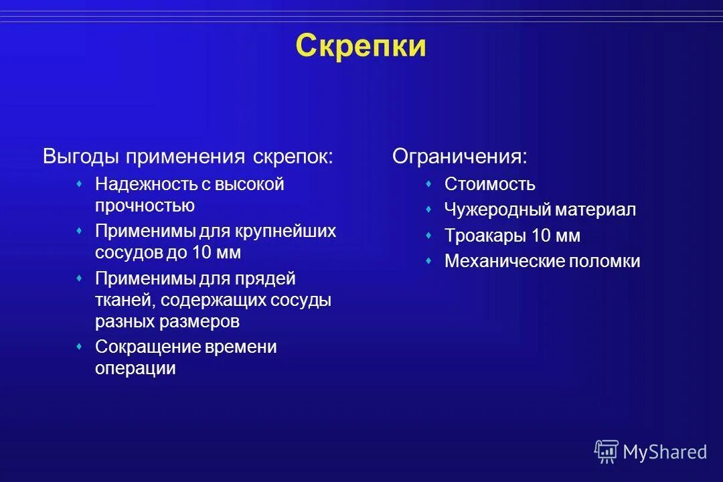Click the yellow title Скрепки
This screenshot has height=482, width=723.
coord(361,46)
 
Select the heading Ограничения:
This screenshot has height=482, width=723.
coord(459,157)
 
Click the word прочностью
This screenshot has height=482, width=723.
coord(145,206)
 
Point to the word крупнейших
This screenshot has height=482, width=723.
coord(285,232)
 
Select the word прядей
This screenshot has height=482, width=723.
coord(264,278)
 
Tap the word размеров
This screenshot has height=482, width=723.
coord(199,321)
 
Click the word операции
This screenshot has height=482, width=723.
coord(135,368)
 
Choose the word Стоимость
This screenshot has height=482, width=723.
coord(490,184)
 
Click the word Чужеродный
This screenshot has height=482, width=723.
coord(497,210)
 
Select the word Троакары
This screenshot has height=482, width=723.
coord(485,236)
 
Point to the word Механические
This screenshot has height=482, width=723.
coord(504,261)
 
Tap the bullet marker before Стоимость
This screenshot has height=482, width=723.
coord(428,183)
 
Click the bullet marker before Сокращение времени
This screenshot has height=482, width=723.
coord(79,346)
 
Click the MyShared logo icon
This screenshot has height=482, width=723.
coord(607,452)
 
